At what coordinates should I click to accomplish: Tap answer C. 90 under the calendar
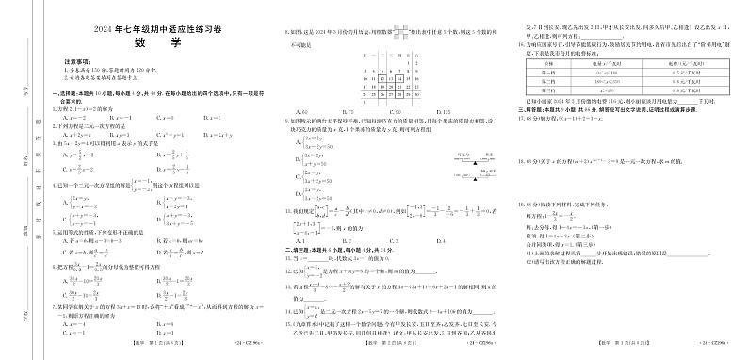tap(397, 112)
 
